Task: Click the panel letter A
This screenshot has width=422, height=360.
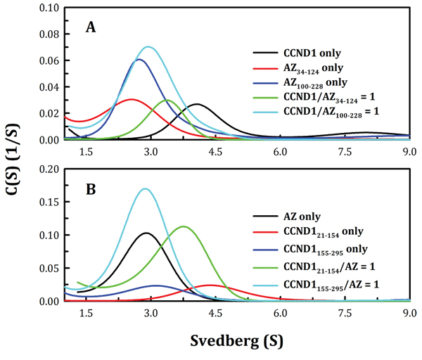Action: pos(91,27)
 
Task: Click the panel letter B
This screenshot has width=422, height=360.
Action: pos(91,188)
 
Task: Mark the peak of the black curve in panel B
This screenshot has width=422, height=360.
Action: pos(146,233)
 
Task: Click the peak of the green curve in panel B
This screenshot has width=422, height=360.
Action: pos(184,226)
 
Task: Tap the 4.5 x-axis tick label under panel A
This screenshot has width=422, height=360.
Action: pos(215,151)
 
